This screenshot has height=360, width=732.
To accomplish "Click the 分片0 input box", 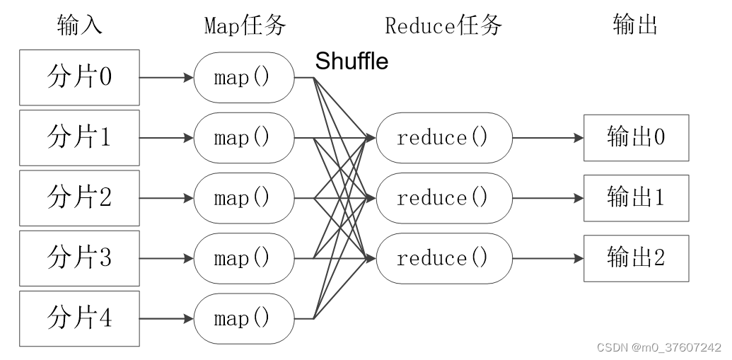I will [79, 77].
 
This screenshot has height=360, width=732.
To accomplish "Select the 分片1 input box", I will [79, 137].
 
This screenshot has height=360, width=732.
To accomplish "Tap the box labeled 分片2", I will [79, 197].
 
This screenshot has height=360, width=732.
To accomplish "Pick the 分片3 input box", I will [79, 258].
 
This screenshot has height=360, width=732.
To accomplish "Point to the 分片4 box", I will [79, 318].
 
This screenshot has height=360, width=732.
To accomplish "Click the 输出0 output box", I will [635, 137].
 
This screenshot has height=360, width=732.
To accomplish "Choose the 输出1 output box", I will [635, 197].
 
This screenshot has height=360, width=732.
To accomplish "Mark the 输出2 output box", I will [635, 258].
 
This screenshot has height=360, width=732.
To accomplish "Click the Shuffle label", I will [352, 62].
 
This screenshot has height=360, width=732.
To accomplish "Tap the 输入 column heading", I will [79, 25].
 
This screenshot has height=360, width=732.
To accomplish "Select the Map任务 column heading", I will [245, 25].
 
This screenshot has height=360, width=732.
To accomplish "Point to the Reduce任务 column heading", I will [443, 25].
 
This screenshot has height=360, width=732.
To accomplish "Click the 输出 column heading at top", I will [635, 25].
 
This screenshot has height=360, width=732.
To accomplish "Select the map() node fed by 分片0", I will [243, 77].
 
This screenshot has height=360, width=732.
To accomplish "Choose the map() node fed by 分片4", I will [243, 318].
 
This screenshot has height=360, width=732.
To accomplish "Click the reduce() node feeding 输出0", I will [443, 137].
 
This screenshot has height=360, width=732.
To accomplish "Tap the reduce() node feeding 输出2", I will [443, 258].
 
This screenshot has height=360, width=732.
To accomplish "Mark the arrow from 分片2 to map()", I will [166, 197].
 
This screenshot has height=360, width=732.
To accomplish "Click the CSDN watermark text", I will [658, 347].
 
